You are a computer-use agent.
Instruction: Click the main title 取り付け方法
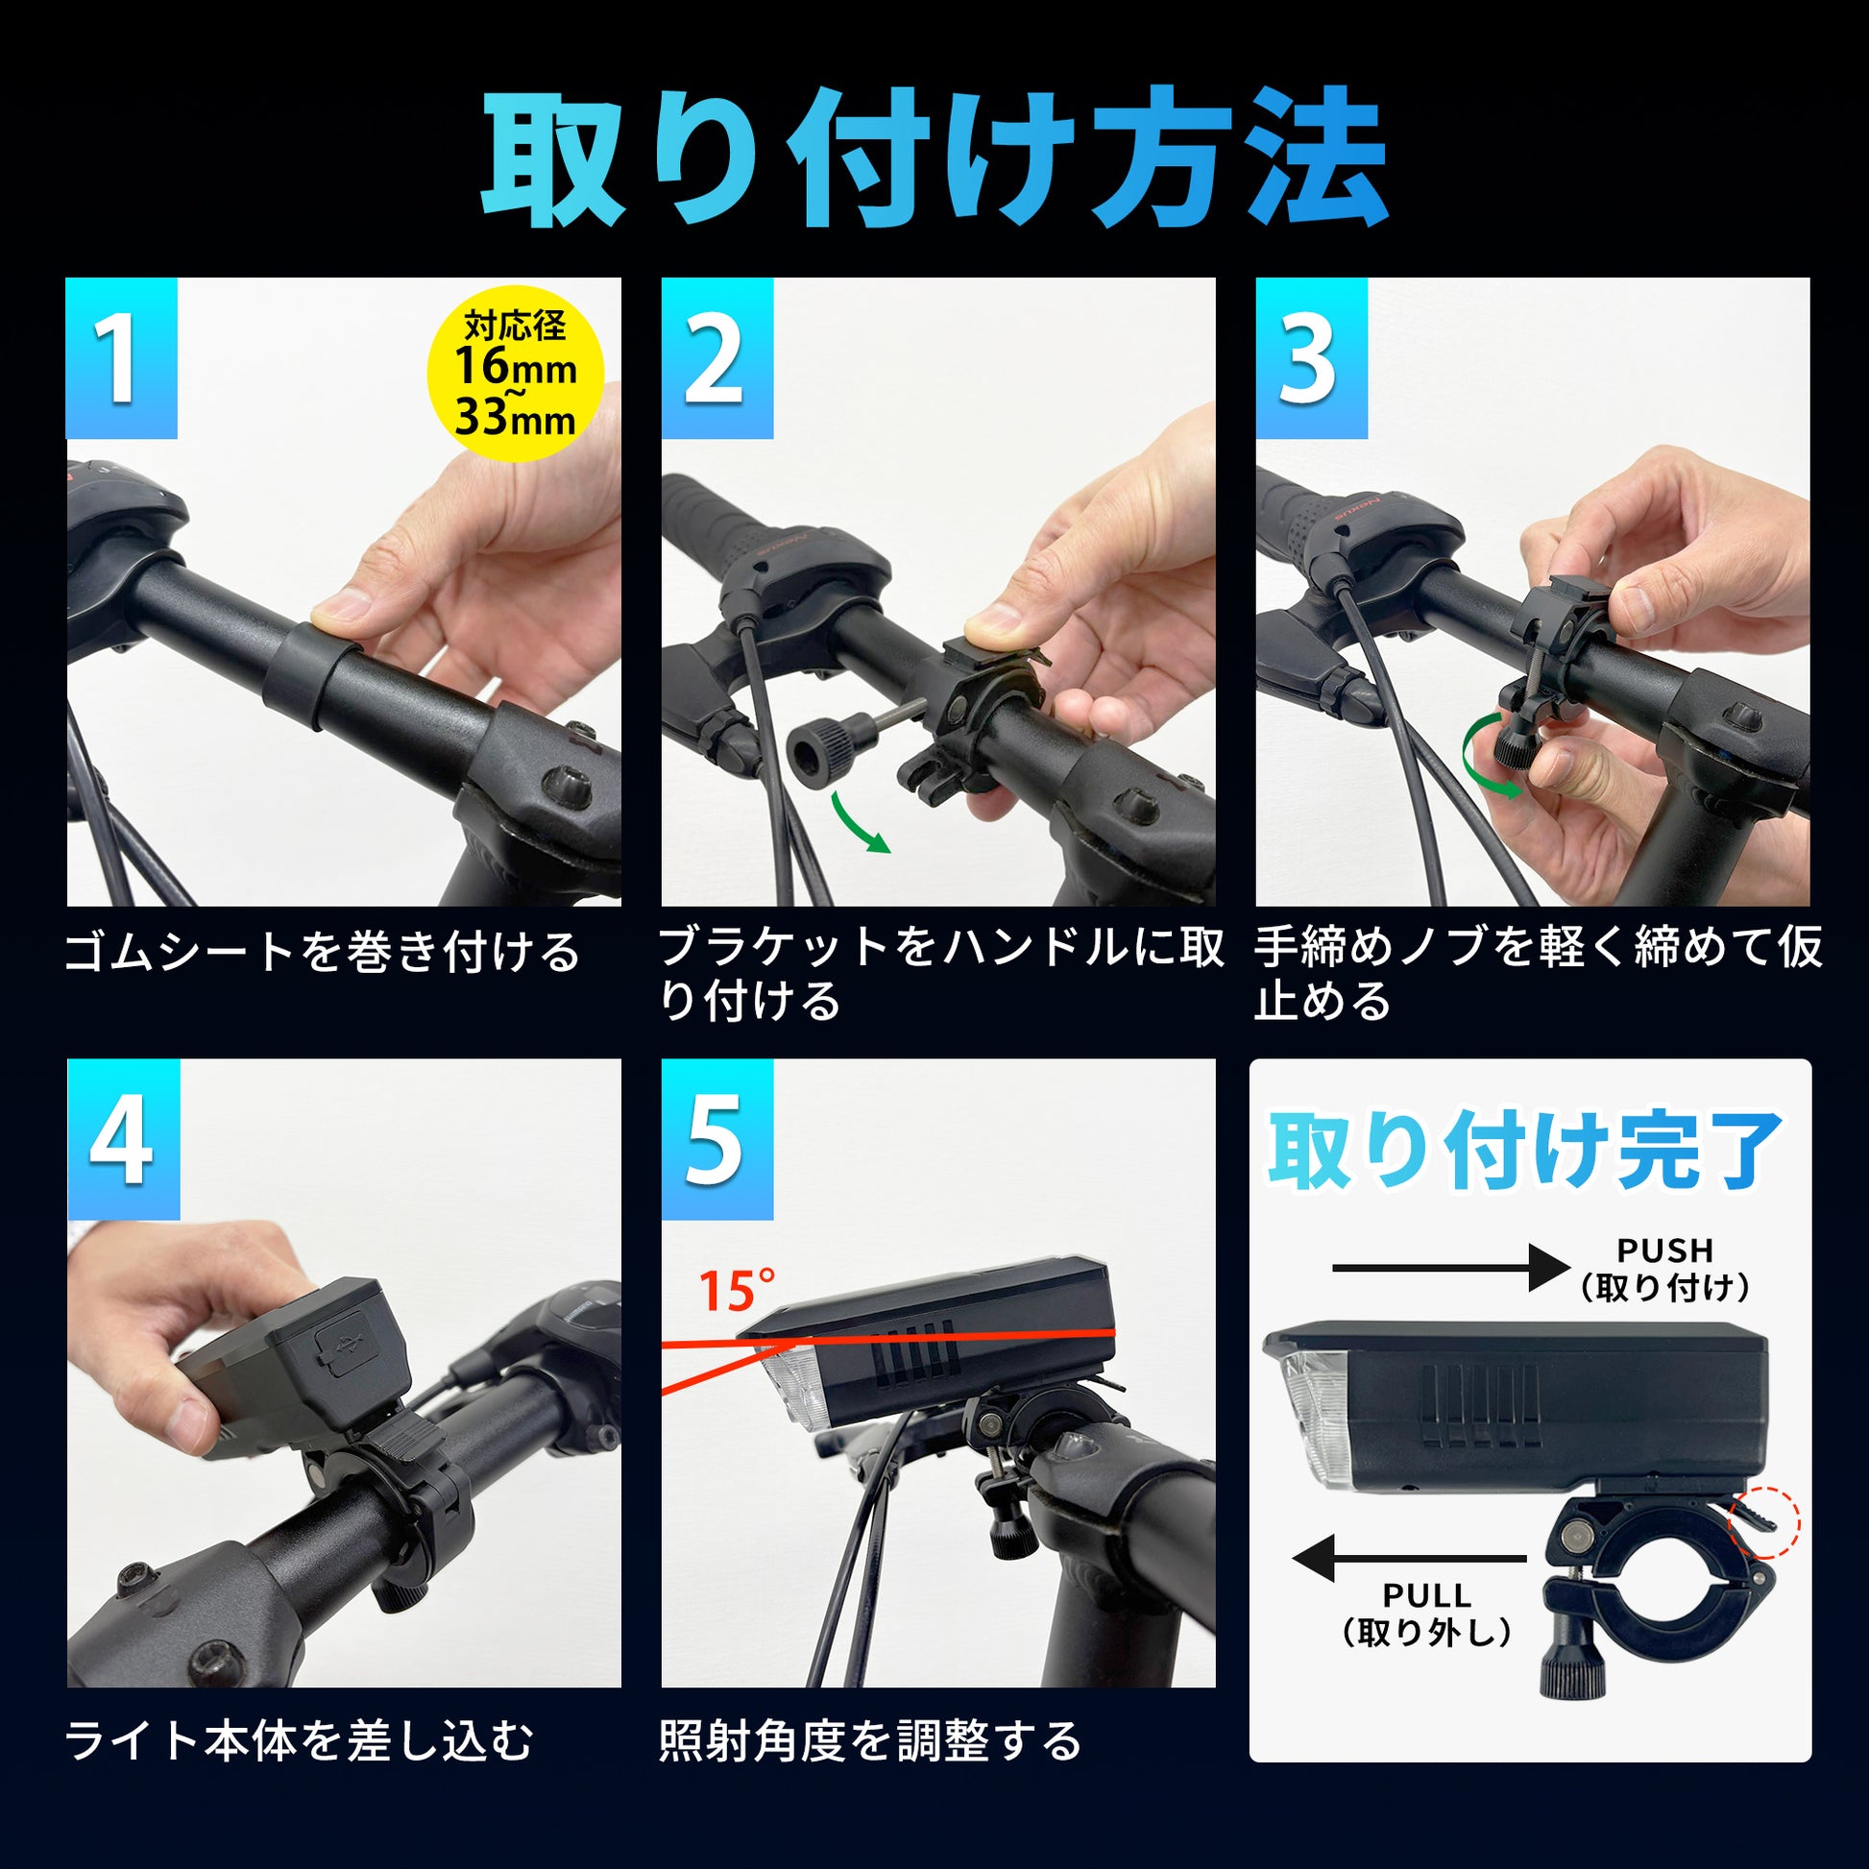(934, 158)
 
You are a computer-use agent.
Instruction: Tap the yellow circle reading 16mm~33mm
(516, 375)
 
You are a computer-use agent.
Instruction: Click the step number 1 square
(122, 359)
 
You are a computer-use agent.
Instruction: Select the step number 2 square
(716, 359)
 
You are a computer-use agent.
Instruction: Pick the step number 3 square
(1312, 359)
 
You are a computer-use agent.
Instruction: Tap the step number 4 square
(123, 1140)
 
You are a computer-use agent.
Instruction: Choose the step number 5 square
(716, 1140)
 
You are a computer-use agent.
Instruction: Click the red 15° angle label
(737, 1291)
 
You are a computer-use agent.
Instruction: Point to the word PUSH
(1664, 1250)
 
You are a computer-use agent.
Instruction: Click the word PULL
(1427, 1595)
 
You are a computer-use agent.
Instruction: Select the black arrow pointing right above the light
(1451, 1268)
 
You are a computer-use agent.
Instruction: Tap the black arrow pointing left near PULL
(1409, 1559)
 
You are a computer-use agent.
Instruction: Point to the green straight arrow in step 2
(859, 822)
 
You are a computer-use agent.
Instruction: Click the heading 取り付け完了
(1527, 1152)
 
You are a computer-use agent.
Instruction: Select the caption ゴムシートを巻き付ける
(323, 952)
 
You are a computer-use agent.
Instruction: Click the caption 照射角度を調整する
(871, 1741)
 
